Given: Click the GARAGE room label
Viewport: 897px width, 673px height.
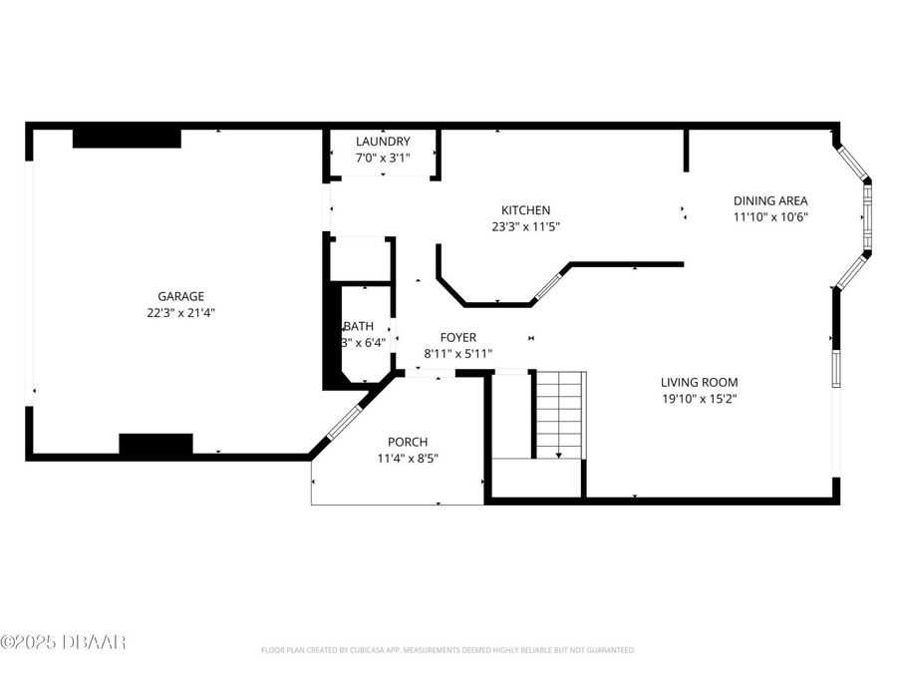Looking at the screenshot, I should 180,296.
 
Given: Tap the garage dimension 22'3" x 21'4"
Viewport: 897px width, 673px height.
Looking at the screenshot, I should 180,312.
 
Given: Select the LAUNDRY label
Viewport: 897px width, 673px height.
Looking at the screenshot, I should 383,142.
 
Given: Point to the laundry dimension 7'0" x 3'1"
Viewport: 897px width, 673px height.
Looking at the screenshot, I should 383,158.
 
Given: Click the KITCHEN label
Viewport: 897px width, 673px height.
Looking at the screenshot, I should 525,210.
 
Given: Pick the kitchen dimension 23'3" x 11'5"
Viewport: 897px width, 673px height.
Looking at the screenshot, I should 525,226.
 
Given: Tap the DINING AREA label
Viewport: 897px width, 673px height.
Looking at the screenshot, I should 770,200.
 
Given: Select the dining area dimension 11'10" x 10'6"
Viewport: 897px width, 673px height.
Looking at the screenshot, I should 770,216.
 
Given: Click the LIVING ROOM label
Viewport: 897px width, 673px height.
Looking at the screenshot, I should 699,382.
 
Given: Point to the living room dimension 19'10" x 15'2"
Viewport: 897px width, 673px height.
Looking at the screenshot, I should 699,398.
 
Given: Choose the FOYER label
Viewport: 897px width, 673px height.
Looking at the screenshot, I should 458,337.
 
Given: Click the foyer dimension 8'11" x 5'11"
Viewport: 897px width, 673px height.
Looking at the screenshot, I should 458,353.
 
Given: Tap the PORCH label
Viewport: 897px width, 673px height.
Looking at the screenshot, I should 408,443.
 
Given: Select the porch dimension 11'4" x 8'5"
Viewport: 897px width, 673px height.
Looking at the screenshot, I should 408,459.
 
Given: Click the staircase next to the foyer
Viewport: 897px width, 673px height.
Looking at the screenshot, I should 559,414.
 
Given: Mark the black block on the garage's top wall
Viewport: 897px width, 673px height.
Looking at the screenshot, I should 127,138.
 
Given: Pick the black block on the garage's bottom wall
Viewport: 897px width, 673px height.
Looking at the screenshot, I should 155,445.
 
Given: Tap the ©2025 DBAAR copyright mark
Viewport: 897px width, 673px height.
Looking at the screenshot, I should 63,642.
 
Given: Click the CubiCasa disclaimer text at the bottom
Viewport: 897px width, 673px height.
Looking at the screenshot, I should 448,650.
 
